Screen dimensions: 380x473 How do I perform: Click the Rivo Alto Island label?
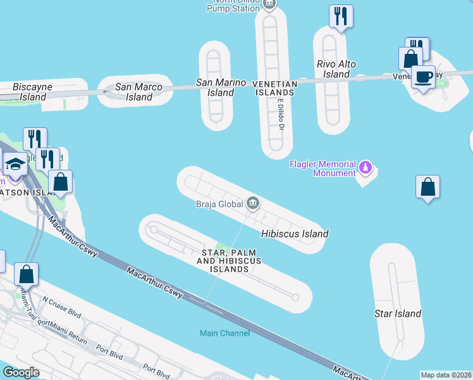point(336,69)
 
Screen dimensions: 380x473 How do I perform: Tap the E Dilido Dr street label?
point(280,116)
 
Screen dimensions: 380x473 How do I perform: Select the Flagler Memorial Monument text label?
point(322,169)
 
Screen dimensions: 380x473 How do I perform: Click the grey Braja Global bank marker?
point(253,203)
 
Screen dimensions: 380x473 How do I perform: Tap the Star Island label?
point(398,313)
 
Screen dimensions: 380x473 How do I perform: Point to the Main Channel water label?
point(224,333)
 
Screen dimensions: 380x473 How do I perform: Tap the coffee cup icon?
point(423,77)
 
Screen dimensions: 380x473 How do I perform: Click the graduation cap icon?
point(15,164)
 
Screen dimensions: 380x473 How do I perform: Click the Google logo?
point(21,372)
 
